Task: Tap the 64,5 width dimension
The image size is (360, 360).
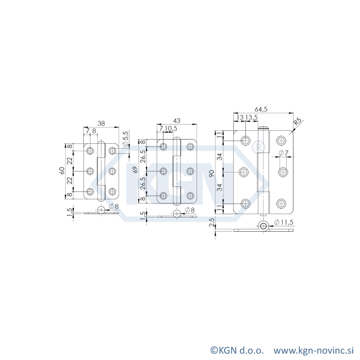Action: pyautogui.click(x=261, y=109)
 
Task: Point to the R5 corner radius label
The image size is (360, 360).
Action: pyautogui.click(x=297, y=123)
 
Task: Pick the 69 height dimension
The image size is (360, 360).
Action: pyautogui.click(x=135, y=171)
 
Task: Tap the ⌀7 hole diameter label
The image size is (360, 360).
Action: pyautogui.click(x=283, y=153)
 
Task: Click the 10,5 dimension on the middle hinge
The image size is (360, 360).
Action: pyautogui.click(x=171, y=129)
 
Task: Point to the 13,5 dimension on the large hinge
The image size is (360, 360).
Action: pyautogui.click(x=251, y=117)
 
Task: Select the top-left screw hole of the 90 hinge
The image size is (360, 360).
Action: pyautogui.click(x=245, y=140)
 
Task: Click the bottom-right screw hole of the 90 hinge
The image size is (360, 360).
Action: pyautogui.click(x=282, y=203)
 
